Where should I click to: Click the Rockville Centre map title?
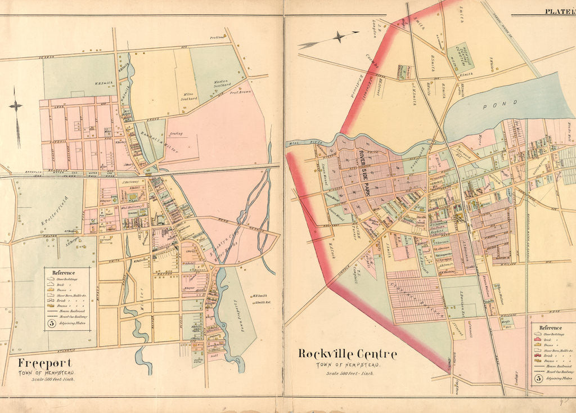tap(347, 354)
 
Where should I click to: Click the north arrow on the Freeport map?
tap(16, 120)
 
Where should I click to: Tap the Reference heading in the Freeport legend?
tap(64, 272)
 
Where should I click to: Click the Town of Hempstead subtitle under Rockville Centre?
tap(347, 365)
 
